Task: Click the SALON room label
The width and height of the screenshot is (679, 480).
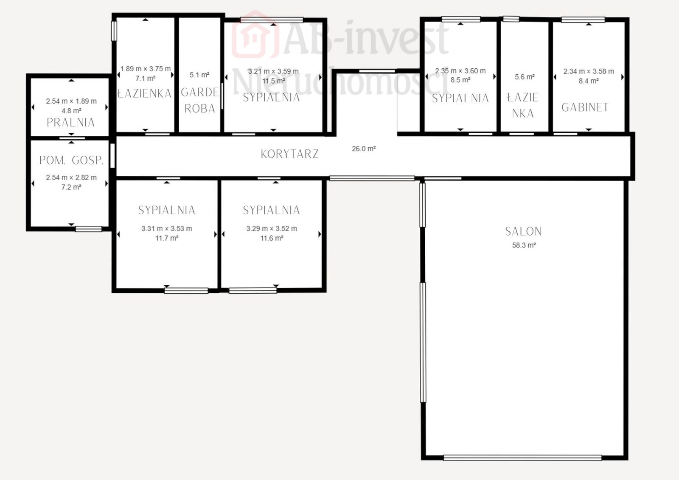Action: pos(523,231)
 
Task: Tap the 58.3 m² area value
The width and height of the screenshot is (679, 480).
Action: pos(524,245)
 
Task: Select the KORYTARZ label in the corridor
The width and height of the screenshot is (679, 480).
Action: pos(289,154)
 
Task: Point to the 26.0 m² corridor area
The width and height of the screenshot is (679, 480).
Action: pos(364,149)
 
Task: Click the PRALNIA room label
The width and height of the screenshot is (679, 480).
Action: pos(70,123)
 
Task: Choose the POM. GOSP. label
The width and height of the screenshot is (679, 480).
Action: pos(71,160)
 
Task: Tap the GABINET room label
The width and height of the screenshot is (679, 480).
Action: pos(585,107)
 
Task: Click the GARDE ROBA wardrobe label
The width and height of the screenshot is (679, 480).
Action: pos(200,100)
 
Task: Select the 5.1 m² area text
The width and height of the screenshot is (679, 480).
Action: pos(199,75)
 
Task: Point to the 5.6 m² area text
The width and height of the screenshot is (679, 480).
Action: pos(525,77)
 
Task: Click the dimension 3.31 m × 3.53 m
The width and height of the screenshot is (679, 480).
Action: pos(166,228)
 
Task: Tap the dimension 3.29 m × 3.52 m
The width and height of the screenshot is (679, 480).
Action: pos(272,228)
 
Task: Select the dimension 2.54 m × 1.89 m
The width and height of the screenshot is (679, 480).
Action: pos(71,101)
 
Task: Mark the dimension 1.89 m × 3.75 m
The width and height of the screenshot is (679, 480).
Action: pos(146,69)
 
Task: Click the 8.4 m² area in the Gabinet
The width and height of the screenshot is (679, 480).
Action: pos(588,81)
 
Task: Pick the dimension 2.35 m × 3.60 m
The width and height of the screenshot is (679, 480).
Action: pos(460,70)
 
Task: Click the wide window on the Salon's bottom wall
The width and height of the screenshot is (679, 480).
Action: pos(522,458)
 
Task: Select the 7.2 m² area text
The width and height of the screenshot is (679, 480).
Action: pos(71,187)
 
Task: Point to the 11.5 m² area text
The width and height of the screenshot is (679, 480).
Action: pos(273,81)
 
